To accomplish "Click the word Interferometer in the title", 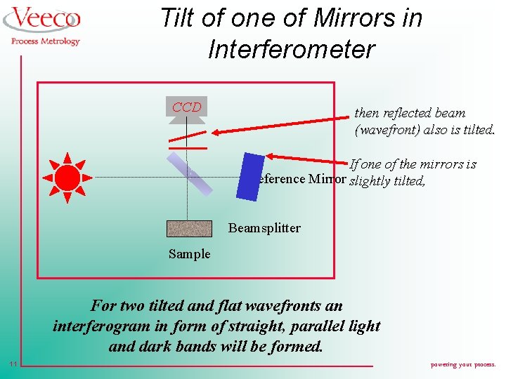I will coord(292,49).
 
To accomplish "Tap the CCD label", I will coord(186,107).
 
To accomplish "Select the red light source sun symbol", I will coord(67,175).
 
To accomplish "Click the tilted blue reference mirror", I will coord(250,175).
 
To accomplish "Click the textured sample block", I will coord(189,229).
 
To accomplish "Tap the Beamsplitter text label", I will coord(264,228).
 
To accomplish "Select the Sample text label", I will coord(189,254).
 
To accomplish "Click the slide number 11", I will coord(14,364).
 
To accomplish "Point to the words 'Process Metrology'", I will coord(46,41).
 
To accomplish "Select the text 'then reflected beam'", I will coord(410,113).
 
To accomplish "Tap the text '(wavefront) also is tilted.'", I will coord(425,130).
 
